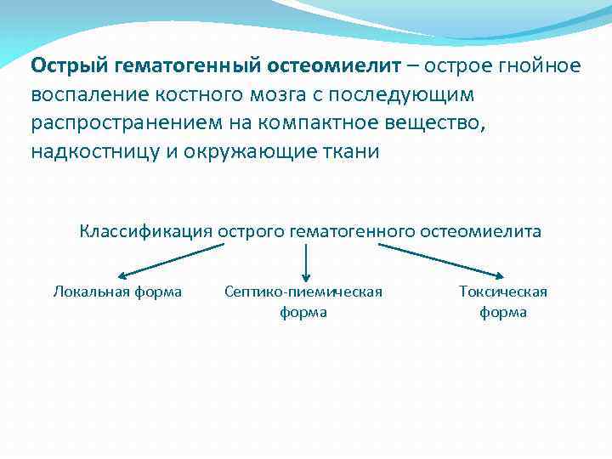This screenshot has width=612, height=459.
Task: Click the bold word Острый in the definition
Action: tap(65, 66)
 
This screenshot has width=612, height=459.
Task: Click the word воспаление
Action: tap(81, 94)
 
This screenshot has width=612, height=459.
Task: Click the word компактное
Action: tap(314, 122)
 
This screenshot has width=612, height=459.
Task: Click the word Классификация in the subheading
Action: tap(145, 231)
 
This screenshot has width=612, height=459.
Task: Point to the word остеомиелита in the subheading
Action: tap(488, 231)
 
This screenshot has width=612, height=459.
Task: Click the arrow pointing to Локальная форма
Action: tap(170, 261)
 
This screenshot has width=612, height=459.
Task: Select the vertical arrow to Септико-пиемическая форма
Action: tap(305, 259)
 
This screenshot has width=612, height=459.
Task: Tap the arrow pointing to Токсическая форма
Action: tap(442, 261)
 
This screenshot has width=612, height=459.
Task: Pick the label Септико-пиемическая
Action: tap(303, 292)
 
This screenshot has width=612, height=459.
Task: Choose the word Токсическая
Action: tap(503, 292)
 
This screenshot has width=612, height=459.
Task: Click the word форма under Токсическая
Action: tap(503, 312)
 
